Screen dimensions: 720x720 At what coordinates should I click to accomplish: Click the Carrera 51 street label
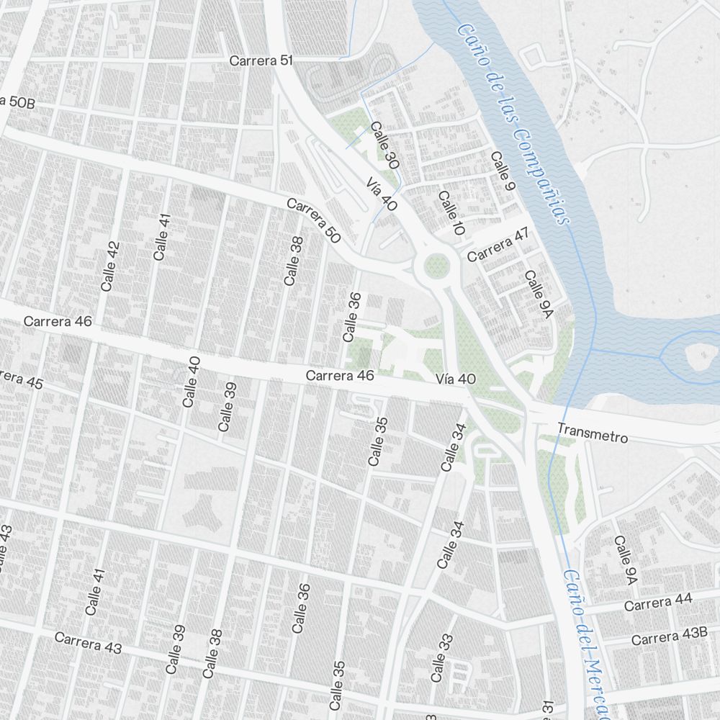(x=261, y=61)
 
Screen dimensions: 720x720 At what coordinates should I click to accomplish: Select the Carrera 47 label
(x=498, y=245)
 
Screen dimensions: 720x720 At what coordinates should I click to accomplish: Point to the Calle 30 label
(x=384, y=145)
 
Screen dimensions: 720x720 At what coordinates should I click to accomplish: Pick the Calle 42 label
(x=110, y=266)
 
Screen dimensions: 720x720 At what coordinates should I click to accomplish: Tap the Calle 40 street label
(x=191, y=382)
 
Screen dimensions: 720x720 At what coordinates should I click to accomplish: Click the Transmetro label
(x=593, y=433)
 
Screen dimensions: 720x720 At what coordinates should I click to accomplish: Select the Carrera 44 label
(x=657, y=603)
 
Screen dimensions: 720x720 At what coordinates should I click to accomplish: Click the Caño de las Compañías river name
(x=513, y=122)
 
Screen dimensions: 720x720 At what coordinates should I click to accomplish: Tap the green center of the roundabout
(x=436, y=266)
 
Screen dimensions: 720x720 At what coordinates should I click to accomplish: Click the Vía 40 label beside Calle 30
(x=382, y=194)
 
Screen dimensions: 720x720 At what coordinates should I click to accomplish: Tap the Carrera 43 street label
(x=88, y=643)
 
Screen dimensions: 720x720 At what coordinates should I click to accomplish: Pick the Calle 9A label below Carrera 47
(x=538, y=294)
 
